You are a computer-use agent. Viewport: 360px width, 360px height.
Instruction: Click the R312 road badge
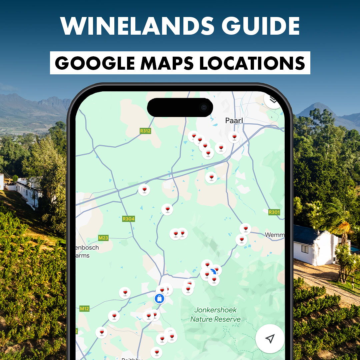pyautogui.click(x=145, y=131)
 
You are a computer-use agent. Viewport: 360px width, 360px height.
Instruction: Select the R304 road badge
pyautogui.click(x=128, y=219)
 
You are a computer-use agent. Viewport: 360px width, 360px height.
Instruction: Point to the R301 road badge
pyautogui.click(x=274, y=212)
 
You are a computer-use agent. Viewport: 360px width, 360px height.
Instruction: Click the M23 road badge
pyautogui.click(x=103, y=238)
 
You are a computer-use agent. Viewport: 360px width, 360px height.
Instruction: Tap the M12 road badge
pyautogui.click(x=84, y=309)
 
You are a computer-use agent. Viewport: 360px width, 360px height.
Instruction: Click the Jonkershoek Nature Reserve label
pyautogui.click(x=216, y=315)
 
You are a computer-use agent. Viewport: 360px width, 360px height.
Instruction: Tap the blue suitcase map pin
pyautogui.click(x=160, y=298)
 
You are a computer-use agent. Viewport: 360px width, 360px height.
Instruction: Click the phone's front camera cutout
pyautogui.click(x=204, y=107)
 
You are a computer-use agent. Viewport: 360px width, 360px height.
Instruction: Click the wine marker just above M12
pyautogui.click(x=125, y=293)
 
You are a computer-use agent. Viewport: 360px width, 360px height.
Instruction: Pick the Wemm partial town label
pyautogui.click(x=274, y=235)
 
